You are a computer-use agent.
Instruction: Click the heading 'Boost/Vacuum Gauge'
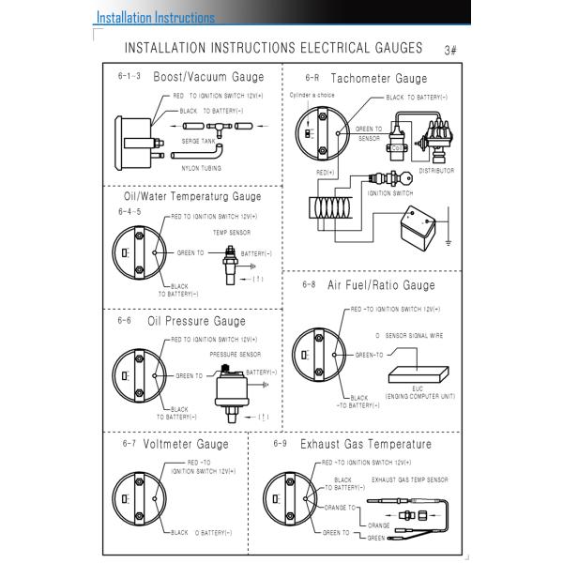coord(208,77)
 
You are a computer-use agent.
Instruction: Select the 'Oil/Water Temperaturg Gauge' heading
coord(192,197)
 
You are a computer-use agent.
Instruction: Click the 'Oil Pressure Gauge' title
coord(196,321)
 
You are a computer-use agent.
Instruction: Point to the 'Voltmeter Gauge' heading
coord(186,444)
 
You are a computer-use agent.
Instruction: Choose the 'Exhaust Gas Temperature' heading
coord(366,444)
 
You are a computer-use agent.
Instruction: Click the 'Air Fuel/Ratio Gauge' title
coord(381,285)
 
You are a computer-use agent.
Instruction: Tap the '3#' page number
coord(449,50)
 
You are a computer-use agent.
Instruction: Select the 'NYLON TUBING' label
coord(202,168)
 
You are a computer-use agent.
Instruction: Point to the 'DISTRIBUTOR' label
coord(436,171)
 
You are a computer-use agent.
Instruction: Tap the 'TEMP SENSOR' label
coord(231,232)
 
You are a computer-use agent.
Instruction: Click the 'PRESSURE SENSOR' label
coord(235,355)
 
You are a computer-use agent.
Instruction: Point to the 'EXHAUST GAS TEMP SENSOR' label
coord(409,479)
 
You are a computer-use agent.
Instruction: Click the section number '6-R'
coord(312,79)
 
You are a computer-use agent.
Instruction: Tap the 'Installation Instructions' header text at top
coord(156,17)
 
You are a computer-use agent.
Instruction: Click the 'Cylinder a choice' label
coord(312,95)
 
